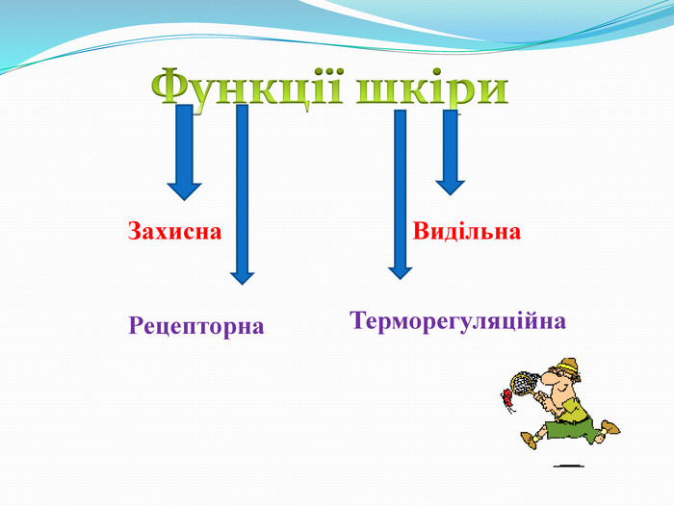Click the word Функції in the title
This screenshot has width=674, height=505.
(249, 88)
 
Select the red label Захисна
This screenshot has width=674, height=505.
(174, 232)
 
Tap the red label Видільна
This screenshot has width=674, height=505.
(467, 232)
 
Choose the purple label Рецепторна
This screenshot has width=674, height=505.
(195, 325)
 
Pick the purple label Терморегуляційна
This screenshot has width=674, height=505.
(457, 320)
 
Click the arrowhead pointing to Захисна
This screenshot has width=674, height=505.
(184, 187)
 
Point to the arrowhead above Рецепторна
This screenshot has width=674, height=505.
(243, 276)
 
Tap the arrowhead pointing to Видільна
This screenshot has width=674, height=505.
(450, 185)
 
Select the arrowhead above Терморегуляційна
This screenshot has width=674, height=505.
(400, 270)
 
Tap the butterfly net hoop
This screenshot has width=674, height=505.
(523, 383)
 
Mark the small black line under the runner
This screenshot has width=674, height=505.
(568, 465)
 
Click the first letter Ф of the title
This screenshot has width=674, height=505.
(171, 88)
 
